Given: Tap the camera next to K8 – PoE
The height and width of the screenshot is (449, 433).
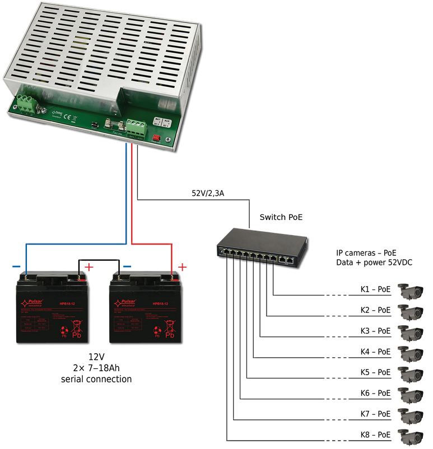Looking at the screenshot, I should click(411, 436).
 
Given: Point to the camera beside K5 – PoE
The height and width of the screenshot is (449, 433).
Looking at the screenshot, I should click(411, 373).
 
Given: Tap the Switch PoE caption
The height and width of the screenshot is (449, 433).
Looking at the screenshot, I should click(281, 217).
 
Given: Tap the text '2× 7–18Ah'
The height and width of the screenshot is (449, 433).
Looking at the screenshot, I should click(96, 368).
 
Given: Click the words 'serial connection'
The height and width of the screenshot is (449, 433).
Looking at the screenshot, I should click(96, 379).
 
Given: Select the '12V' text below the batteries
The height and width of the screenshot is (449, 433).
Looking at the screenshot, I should click(96, 357).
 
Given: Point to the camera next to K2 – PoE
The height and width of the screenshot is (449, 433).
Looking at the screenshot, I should click(411, 311).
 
